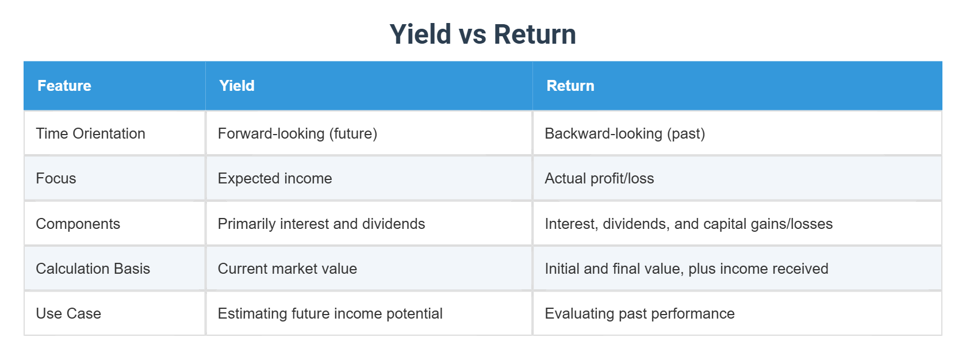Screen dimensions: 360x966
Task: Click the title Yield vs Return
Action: pyautogui.click(x=482, y=35)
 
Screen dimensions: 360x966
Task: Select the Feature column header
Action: pyautogui.click(x=64, y=86)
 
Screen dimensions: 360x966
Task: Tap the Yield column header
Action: pyautogui.click(x=237, y=86)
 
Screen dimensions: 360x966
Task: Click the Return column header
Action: pyautogui.click(x=570, y=86)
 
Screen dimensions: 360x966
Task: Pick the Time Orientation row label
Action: pyautogui.click(x=90, y=133)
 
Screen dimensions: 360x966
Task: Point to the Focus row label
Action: pyautogui.click(x=56, y=178)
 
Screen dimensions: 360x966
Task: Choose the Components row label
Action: pyautogui.click(x=78, y=224)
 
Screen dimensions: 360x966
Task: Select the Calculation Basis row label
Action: pyautogui.click(x=93, y=269)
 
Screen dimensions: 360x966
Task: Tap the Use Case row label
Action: pyautogui.click(x=68, y=313)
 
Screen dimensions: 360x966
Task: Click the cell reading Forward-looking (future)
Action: pyautogui.click(x=297, y=133)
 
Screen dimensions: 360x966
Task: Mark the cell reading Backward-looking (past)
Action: pyautogui.click(x=624, y=133)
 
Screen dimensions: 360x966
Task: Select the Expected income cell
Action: pyautogui.click(x=275, y=178)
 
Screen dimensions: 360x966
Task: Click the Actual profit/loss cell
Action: pyautogui.click(x=599, y=178)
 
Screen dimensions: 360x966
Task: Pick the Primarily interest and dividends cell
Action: pyautogui.click(x=321, y=224)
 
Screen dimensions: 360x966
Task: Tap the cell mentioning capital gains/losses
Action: pyautogui.click(x=688, y=224)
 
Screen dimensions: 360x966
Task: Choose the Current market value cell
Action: pyautogui.click(x=287, y=269)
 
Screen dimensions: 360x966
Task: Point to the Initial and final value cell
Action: pyautogui.click(x=686, y=269)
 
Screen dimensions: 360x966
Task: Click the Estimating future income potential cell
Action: pyautogui.click(x=330, y=313)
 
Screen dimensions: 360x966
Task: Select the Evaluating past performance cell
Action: pyautogui.click(x=639, y=313)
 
